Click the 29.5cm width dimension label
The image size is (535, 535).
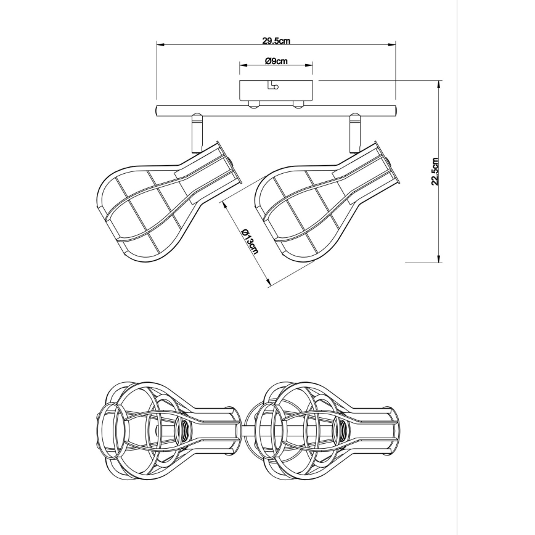(276, 41)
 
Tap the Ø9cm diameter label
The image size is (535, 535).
(276, 61)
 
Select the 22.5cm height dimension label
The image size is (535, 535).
(435, 171)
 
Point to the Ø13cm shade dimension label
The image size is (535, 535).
(250, 241)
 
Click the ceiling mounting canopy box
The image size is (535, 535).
(276, 91)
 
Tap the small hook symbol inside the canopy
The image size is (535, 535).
(273, 85)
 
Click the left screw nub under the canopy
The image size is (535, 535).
(253, 105)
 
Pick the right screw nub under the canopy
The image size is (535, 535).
(298, 105)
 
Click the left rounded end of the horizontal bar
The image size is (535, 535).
(157, 111)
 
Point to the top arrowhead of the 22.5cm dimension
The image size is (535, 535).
(439, 84)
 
